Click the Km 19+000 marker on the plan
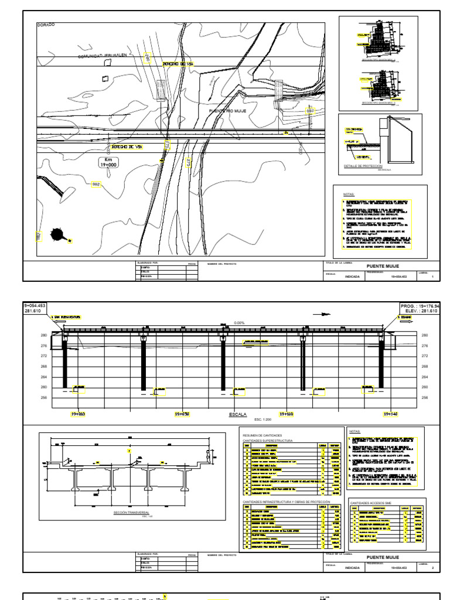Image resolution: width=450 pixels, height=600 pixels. (x=108, y=162)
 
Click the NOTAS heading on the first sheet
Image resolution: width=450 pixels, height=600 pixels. (x=350, y=192)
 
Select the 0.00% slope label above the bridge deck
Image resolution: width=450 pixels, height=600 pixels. (x=238, y=322)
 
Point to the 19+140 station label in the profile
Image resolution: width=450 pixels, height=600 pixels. (x=390, y=414)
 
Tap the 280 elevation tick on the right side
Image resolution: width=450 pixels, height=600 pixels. (x=425, y=335)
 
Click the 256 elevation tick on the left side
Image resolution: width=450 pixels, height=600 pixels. (x=43, y=397)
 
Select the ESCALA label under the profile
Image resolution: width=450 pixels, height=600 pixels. (x=238, y=414)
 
